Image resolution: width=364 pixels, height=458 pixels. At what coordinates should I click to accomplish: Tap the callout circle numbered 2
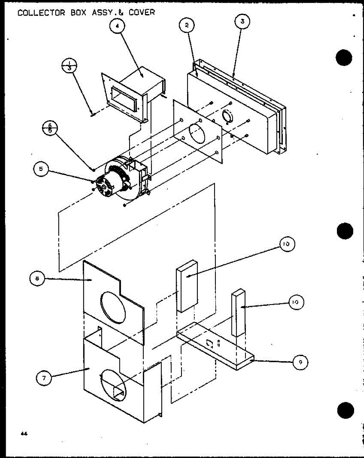(187, 26)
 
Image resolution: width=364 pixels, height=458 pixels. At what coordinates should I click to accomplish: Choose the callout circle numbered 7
(44, 378)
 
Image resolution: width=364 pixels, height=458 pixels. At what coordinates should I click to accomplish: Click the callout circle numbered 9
(300, 363)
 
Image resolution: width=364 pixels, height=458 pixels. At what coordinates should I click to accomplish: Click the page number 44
(24, 434)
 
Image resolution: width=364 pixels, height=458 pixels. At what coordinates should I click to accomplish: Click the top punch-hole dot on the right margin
(345, 58)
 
